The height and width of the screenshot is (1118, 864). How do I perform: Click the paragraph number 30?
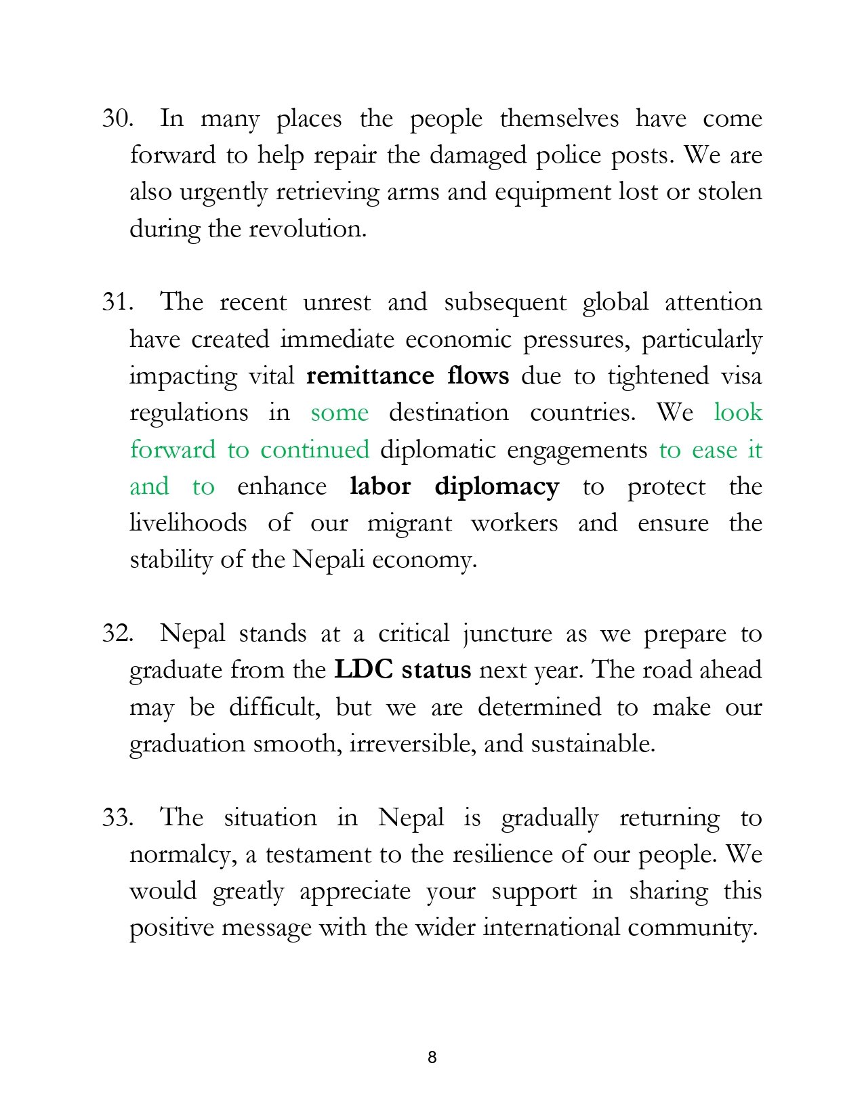coord(117,119)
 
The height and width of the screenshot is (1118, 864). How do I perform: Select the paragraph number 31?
coord(117,302)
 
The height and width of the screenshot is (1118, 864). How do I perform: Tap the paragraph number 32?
coord(117,634)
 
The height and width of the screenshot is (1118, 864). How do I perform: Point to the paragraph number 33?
coord(117,817)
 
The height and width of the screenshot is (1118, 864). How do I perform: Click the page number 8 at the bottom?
coord(432,1057)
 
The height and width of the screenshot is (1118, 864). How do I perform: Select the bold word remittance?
coord(370,376)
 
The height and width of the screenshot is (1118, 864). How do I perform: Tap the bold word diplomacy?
coord(497,487)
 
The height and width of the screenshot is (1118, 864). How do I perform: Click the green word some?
coord(340,413)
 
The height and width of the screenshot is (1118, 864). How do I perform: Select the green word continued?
coord(314,450)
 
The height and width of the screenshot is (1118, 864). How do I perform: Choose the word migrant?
coord(409,524)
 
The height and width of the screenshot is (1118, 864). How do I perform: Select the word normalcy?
coord(183,855)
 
